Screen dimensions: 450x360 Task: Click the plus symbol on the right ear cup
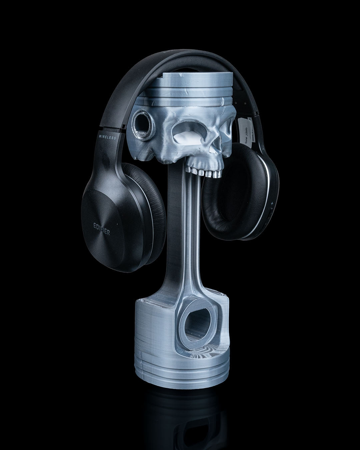tap(273, 202)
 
